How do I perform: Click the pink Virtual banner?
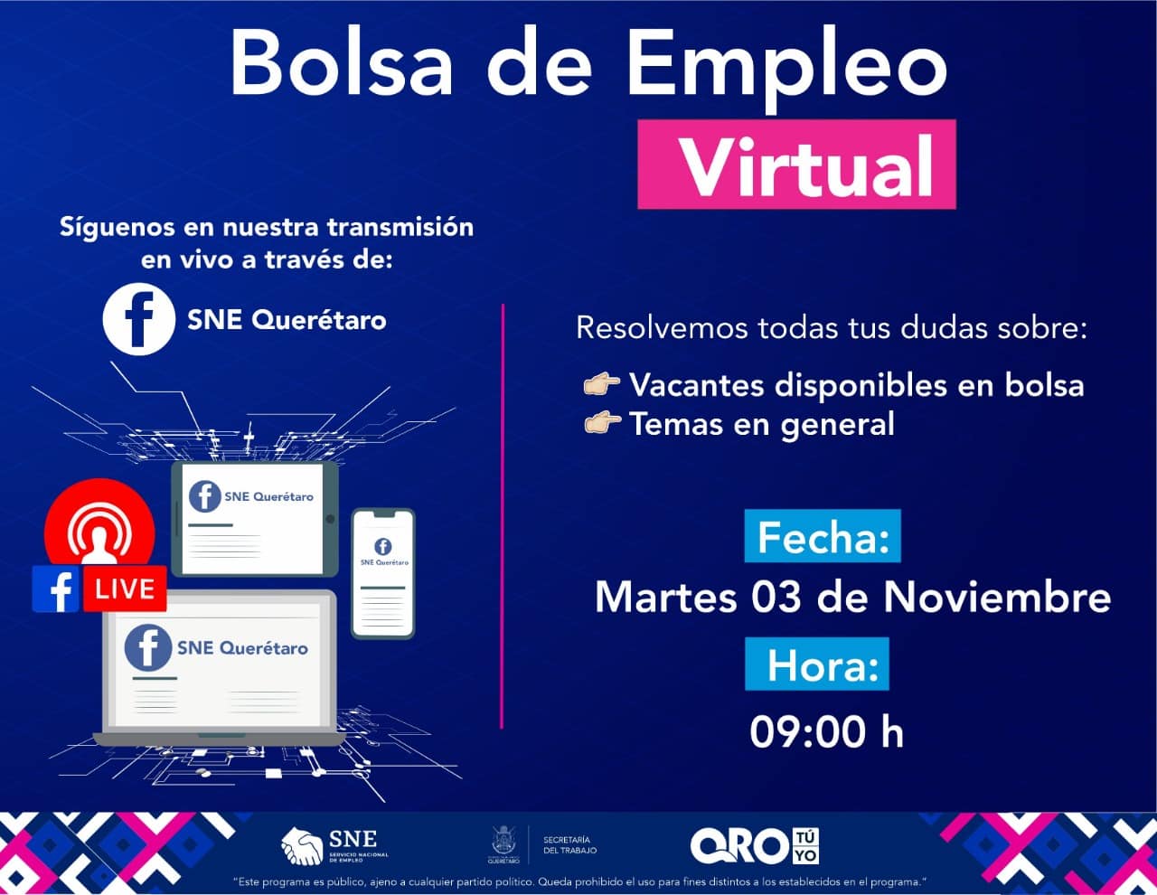[796, 164]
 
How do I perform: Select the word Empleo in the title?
[787, 68]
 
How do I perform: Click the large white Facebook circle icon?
[139, 319]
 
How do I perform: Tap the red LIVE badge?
[125, 589]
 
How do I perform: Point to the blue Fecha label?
[823, 535]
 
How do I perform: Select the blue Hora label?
[817, 664]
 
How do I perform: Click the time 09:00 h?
[826, 732]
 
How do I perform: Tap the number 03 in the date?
[776, 597]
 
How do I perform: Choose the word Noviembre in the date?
[997, 597]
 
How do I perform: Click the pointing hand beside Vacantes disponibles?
[602, 384]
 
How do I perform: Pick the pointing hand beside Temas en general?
[602, 423]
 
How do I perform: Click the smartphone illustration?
[383, 573]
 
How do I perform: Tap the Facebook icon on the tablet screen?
[205, 496]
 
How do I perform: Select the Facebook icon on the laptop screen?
[148, 647]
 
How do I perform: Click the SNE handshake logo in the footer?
[335, 846]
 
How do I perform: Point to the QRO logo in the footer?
[755, 846]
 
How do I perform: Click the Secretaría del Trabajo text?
[569, 845]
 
